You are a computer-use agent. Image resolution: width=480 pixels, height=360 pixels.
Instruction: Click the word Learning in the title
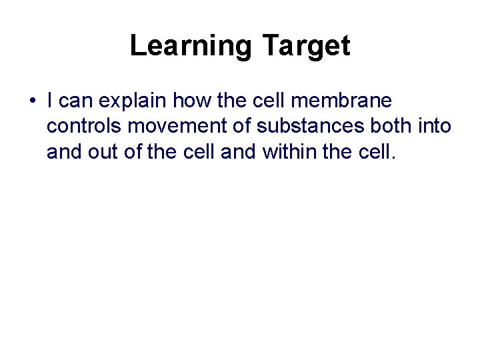click(191, 46)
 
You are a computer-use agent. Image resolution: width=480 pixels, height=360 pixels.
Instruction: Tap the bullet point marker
click(32, 102)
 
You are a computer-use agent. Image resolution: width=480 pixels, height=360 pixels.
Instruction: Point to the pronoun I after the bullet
click(51, 101)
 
